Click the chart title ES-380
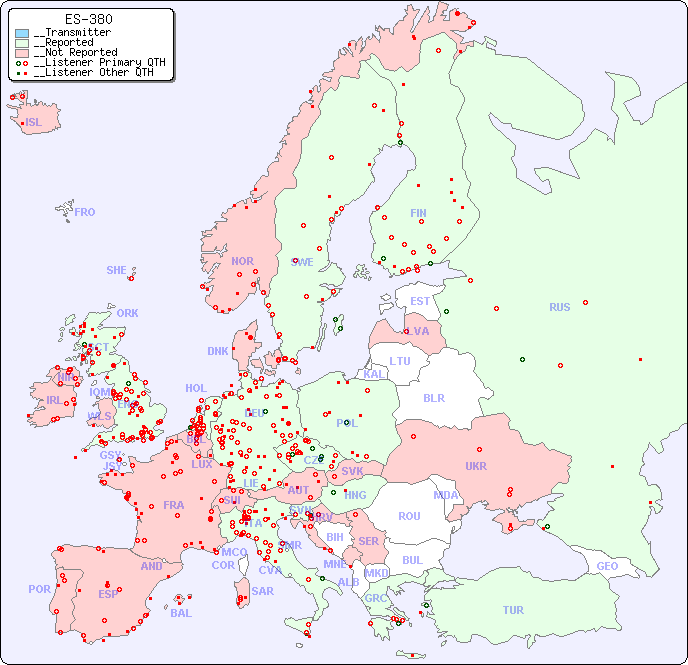(89, 19)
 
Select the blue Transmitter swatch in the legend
(22, 33)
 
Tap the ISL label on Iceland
(34, 123)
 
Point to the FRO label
(85, 212)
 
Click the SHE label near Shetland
(116, 270)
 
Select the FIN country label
(418, 213)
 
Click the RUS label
(559, 307)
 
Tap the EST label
(420, 301)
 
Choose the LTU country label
(400, 361)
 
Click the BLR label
(433, 397)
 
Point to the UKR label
(476, 466)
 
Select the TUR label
(513, 610)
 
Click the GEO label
(607, 566)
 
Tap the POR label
(39, 589)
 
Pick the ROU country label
(409, 516)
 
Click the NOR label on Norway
(242, 261)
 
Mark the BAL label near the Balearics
(181, 613)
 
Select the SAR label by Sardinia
(262, 590)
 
